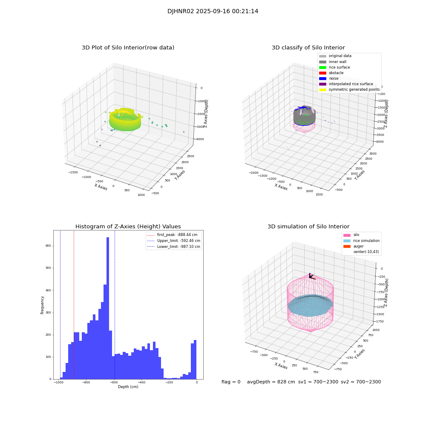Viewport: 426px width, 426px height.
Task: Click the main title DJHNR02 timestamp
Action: coord(213,12)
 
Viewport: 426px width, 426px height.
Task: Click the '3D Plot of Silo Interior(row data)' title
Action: coord(128,48)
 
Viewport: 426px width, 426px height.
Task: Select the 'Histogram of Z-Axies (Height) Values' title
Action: coord(128,227)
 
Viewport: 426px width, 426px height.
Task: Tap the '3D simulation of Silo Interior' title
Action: coord(308,227)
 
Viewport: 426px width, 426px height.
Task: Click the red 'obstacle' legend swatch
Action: coord(322,73)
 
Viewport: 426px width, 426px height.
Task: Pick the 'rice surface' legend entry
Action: coord(339,67)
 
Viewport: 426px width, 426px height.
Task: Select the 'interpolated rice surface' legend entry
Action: coord(351,84)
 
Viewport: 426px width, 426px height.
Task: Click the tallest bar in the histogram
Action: coord(108,307)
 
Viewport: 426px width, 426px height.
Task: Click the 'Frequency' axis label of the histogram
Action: coord(42,305)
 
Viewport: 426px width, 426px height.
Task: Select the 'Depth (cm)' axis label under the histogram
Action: coord(128,387)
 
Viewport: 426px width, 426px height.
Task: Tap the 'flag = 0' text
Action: coord(231,382)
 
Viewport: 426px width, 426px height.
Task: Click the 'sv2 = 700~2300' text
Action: coord(360,382)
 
